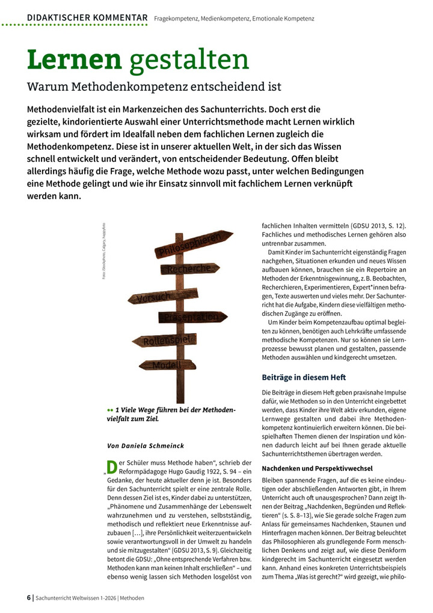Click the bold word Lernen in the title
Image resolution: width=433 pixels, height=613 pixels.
(74, 60)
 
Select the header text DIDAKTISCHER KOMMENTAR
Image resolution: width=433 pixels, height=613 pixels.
(87, 18)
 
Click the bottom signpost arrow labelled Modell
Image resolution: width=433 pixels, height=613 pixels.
(167, 365)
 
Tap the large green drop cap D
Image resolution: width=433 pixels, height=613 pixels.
(111, 466)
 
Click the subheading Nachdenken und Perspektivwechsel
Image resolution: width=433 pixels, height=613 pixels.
(318, 468)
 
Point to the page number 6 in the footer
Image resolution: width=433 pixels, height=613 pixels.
(29, 598)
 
